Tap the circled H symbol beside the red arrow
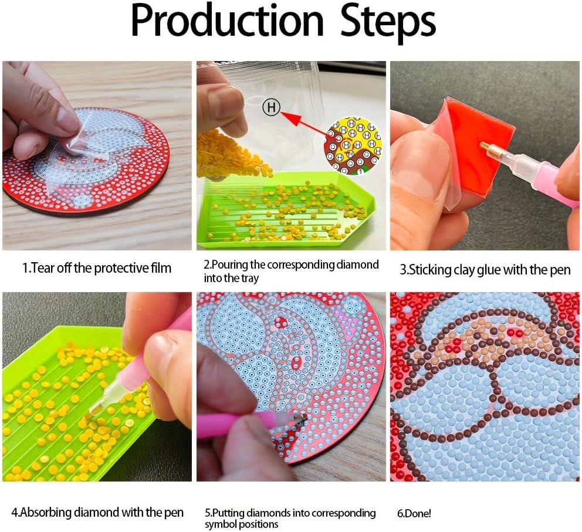pyautogui.click(x=271, y=107)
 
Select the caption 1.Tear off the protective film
pyautogui.click(x=97, y=268)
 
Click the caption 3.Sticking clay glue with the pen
pyautogui.click(x=485, y=270)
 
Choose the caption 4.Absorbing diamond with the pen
pyautogui.click(x=97, y=512)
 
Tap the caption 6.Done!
pyautogui.click(x=414, y=513)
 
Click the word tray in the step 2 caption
pyautogui.click(x=250, y=278)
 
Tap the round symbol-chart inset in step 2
pyautogui.click(x=353, y=145)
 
